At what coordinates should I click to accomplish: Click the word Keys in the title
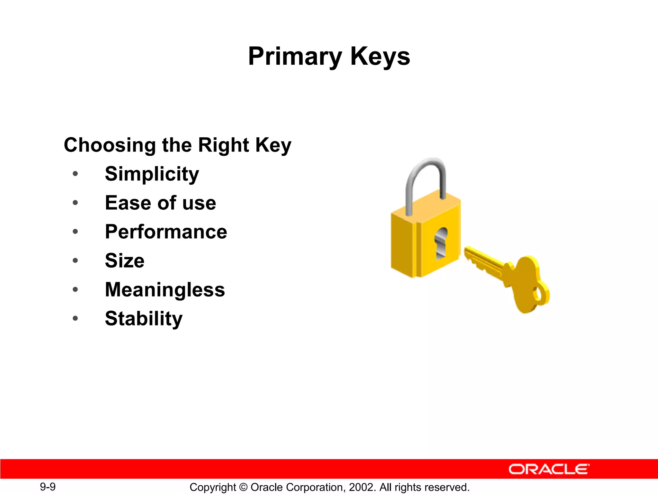pyautogui.click(x=380, y=56)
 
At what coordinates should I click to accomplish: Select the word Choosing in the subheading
pyautogui.click(x=109, y=145)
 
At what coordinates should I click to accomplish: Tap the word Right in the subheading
pyautogui.click(x=223, y=145)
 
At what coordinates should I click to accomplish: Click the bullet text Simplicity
pyautogui.click(x=152, y=174)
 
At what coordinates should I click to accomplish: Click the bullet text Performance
pyautogui.click(x=166, y=232)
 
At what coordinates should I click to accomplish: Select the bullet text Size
pyautogui.click(x=125, y=261)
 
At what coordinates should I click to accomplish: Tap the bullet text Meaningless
pyautogui.click(x=165, y=289)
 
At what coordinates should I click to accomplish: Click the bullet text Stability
pyautogui.click(x=144, y=318)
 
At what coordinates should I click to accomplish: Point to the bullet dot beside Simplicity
pyautogui.click(x=75, y=174)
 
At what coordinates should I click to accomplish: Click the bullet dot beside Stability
pyautogui.click(x=75, y=318)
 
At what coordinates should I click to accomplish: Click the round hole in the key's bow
pyautogui.click(x=537, y=293)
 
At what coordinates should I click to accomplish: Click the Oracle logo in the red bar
pyautogui.click(x=549, y=469)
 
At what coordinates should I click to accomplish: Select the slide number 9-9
pyautogui.click(x=48, y=487)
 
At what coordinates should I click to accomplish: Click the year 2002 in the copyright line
pyautogui.click(x=361, y=487)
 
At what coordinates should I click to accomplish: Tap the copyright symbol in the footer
pyautogui.click(x=243, y=487)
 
